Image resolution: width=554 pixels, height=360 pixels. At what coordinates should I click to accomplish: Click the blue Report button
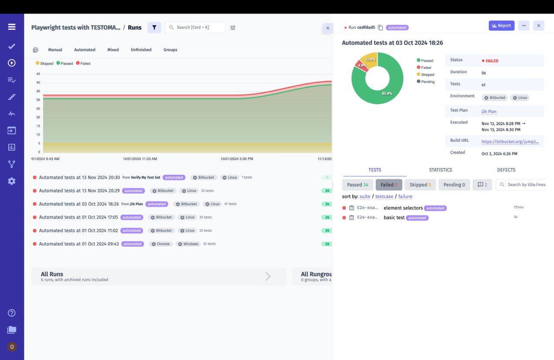tap(501, 26)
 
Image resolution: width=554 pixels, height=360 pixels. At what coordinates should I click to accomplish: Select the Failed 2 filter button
tap(389, 185)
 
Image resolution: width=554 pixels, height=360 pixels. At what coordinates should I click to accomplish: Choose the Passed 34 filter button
tap(357, 185)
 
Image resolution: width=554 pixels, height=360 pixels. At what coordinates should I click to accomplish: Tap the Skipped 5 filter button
tap(420, 185)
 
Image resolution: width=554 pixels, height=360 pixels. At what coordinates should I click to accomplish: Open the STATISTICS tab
tap(440, 170)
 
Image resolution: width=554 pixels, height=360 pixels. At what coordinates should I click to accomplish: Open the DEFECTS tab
tap(506, 170)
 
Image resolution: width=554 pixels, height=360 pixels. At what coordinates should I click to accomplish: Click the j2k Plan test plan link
tap(489, 112)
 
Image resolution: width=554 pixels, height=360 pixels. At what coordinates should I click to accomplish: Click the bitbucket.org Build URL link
tap(510, 141)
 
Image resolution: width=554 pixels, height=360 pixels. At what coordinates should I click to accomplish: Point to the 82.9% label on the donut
tap(387, 93)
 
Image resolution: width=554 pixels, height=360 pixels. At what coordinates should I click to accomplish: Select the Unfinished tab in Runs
tap(141, 50)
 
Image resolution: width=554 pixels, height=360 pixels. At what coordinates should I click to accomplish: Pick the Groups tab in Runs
tap(170, 50)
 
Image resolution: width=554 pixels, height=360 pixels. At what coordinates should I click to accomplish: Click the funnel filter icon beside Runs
tap(154, 27)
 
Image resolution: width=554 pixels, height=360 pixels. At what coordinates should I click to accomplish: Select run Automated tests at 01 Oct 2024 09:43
tap(79, 244)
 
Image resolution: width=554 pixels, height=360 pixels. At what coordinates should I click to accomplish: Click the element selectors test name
tap(403, 208)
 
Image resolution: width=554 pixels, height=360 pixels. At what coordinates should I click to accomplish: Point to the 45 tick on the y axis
tap(38, 74)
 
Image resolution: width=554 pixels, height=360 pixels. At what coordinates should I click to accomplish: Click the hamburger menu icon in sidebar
tap(12, 27)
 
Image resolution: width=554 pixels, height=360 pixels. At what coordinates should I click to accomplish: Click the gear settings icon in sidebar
tap(12, 181)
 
